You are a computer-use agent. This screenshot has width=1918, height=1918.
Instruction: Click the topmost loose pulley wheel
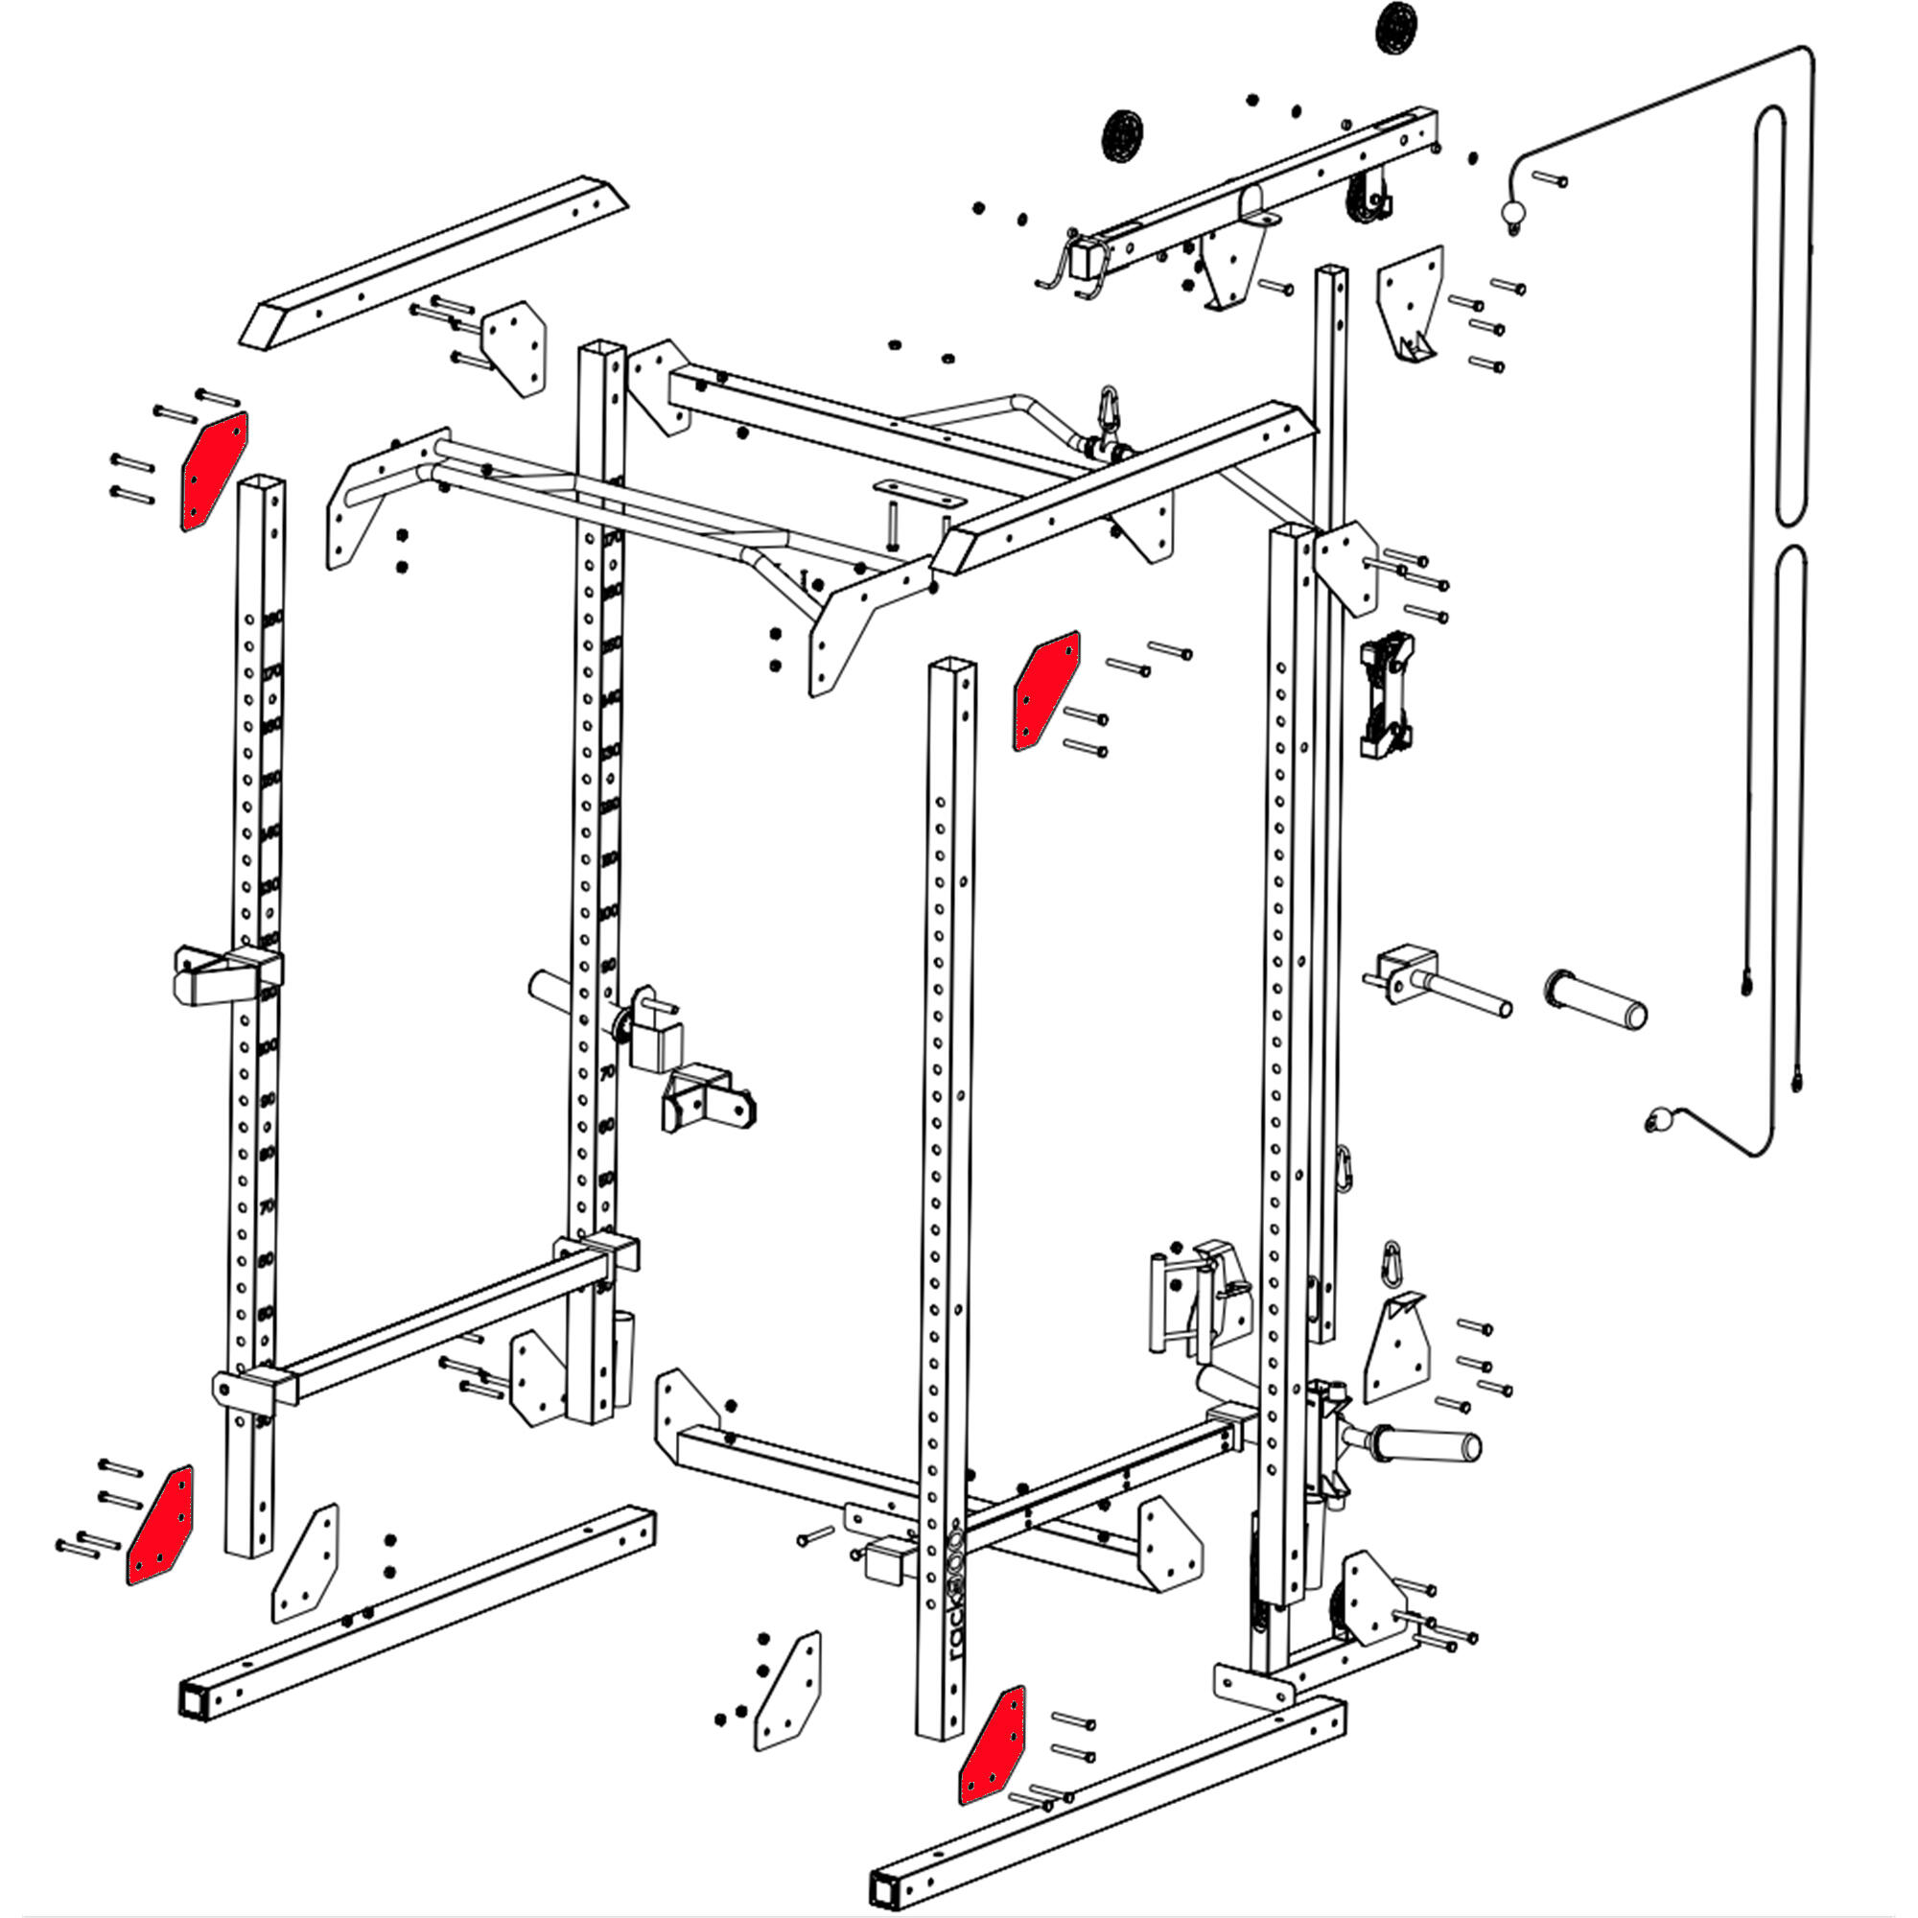click(1395, 28)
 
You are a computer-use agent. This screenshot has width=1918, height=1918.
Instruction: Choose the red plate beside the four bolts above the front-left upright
click(213, 471)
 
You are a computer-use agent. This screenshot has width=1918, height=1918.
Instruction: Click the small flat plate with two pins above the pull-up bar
click(918, 492)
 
